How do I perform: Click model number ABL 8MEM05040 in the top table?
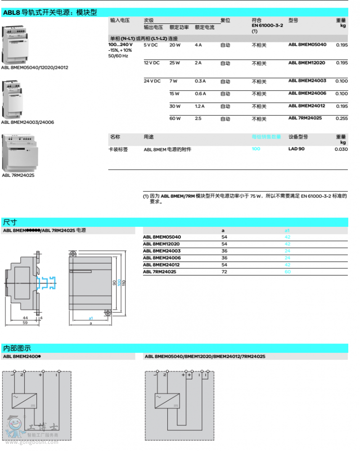pyautogui.click(x=307, y=45)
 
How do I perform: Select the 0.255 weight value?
pyautogui.click(x=342, y=118)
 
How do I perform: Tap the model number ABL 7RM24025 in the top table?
pyautogui.click(x=305, y=118)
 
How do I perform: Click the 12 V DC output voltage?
pyautogui.click(x=152, y=63)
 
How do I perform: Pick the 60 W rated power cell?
pyautogui.click(x=175, y=118)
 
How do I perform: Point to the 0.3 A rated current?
pyautogui.click(x=200, y=81)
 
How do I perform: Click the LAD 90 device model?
pyautogui.click(x=296, y=149)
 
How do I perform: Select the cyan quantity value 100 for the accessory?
pyautogui.click(x=256, y=149)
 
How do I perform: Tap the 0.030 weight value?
pyautogui.click(x=341, y=149)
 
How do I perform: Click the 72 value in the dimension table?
pyautogui.click(x=224, y=272)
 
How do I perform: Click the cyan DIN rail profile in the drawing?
pyautogui.click(x=48, y=283)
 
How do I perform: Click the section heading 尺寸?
pyautogui.click(x=10, y=222)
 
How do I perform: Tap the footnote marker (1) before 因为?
pyautogui.click(x=146, y=196)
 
